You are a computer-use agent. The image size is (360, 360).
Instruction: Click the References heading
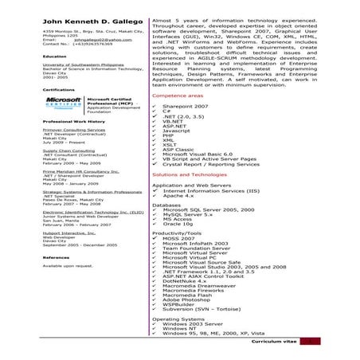pos(57,257)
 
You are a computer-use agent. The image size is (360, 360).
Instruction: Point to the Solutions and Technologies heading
pos(190,174)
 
